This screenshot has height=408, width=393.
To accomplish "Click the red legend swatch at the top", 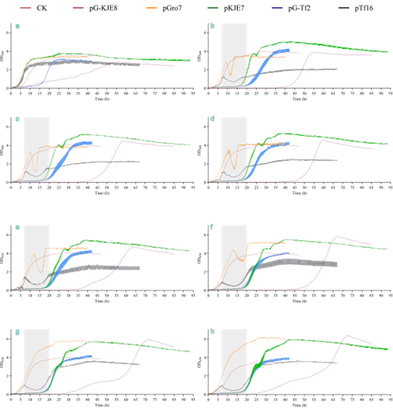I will (x=26, y=8).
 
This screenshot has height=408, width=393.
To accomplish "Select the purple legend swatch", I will (x=77, y=8).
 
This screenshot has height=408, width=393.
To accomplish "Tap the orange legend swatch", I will (x=151, y=8).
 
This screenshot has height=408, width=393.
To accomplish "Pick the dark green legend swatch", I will (x=213, y=8).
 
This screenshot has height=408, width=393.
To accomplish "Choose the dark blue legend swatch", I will (x=276, y=8).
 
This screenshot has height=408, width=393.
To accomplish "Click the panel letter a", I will (x=18, y=27).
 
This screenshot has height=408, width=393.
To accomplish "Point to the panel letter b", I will (x=212, y=27).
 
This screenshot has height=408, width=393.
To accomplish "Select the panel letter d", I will (x=212, y=119).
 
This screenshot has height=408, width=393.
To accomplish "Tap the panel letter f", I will (x=212, y=228).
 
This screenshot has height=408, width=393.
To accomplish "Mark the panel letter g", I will (x=18, y=331).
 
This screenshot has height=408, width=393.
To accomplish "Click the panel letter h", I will (x=212, y=331).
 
